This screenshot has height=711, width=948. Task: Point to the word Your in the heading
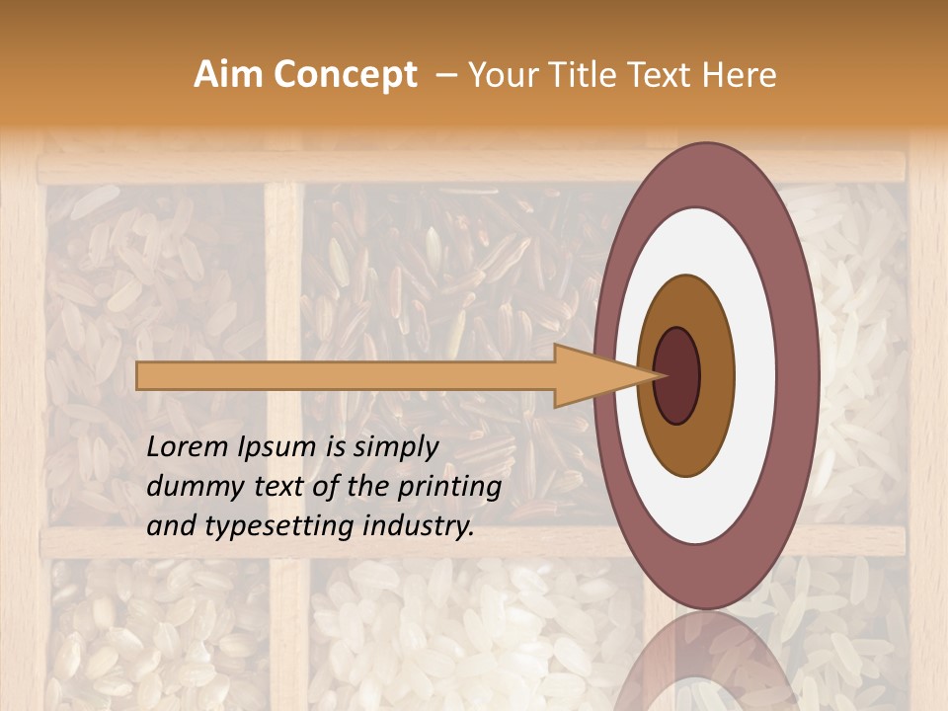(500, 75)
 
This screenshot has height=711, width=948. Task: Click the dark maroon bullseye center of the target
(676, 375)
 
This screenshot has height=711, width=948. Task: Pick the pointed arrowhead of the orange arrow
(632, 375)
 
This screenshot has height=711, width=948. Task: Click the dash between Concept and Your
(445, 76)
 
